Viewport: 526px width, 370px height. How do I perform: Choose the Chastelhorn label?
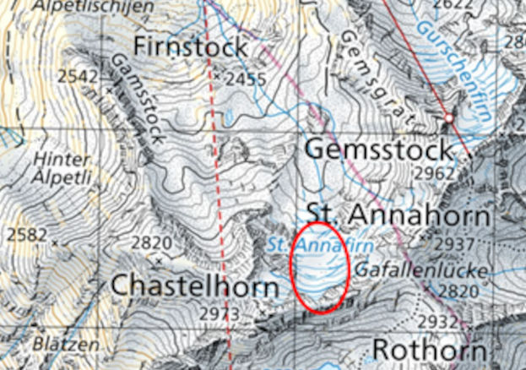coord(194,287)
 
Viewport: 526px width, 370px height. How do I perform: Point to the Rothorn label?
coord(430,349)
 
